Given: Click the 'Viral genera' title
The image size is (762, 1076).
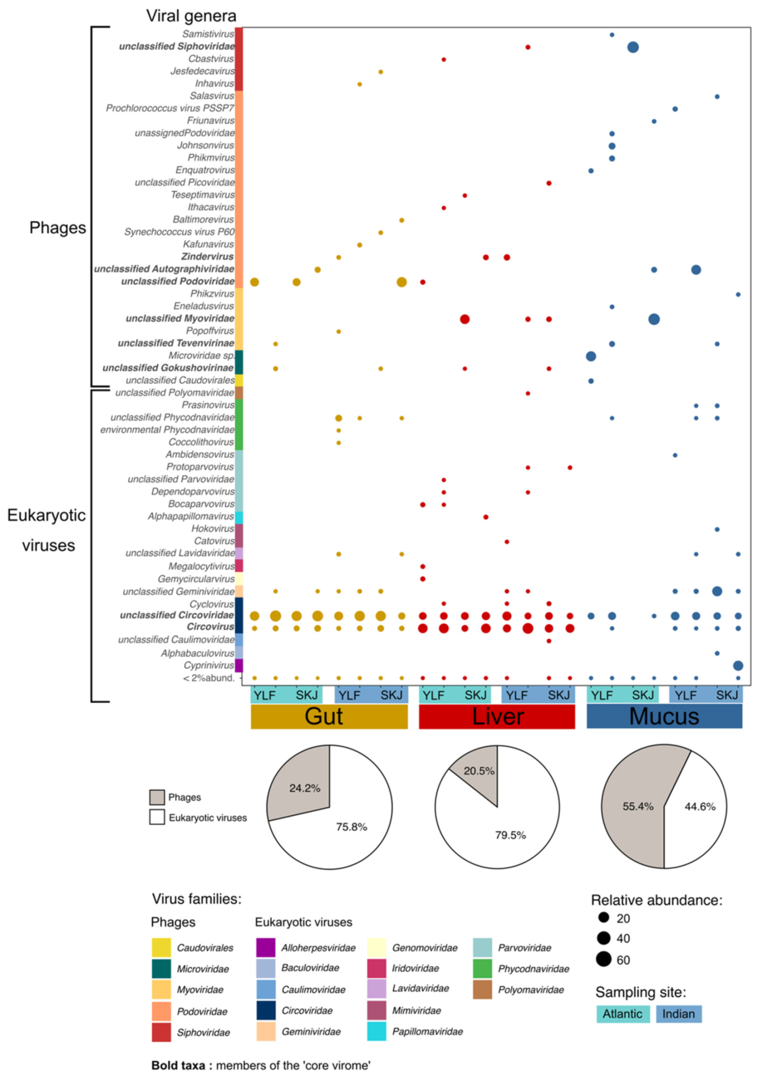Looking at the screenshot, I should [x=191, y=16].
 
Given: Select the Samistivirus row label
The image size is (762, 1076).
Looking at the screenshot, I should [x=208, y=34].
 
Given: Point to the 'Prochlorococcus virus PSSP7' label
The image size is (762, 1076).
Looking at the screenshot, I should [x=170, y=108].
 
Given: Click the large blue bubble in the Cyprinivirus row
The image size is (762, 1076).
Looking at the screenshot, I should [x=738, y=665].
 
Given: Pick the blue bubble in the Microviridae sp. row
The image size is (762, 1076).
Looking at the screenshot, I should [x=591, y=356].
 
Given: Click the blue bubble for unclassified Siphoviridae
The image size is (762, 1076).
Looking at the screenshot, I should [x=633, y=47].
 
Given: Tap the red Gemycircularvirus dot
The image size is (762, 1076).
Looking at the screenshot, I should [x=423, y=579].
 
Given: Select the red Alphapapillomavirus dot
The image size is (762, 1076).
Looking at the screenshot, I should [x=486, y=517].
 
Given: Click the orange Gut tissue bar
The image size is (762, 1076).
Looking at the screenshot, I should [x=329, y=716].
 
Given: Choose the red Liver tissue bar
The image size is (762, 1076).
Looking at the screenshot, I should [x=497, y=716].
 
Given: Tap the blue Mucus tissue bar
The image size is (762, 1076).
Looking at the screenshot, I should [x=664, y=716].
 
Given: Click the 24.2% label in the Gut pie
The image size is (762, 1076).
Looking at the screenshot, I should [x=304, y=788].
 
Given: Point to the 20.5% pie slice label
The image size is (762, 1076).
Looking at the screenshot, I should [x=479, y=771].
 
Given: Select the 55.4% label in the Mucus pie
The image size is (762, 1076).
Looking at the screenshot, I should [x=638, y=806].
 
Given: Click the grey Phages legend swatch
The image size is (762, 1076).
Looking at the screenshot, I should [x=157, y=797].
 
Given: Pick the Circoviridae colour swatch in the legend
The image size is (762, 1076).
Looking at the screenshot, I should [x=266, y=1010].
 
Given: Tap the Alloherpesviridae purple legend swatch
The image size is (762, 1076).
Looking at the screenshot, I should [x=266, y=947].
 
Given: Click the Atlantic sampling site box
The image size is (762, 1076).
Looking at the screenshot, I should [x=623, y=1014].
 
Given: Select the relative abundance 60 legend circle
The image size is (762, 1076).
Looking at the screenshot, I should [x=603, y=959].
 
